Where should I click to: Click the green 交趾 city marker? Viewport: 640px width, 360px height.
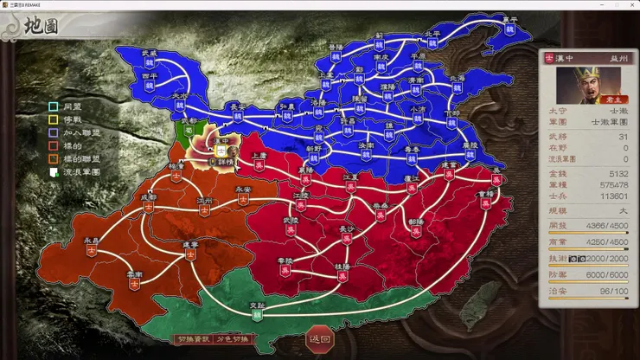[256, 313]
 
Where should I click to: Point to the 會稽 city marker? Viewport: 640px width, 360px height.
[486, 203]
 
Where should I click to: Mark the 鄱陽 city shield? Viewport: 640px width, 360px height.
[415, 230]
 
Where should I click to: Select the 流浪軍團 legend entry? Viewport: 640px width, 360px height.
[76, 172]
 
